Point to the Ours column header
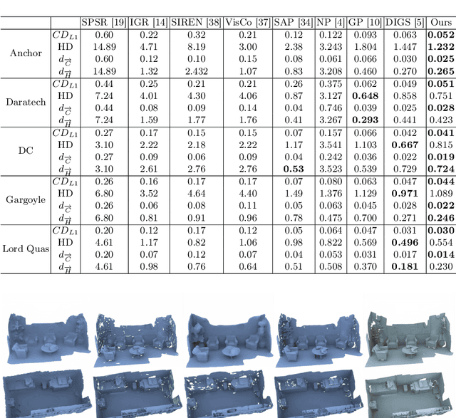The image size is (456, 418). [441, 22]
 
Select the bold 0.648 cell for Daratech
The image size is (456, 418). [365, 95]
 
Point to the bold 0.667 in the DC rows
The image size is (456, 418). [403, 144]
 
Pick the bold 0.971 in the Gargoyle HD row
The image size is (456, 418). [403, 193]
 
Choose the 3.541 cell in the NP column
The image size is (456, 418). [328, 144]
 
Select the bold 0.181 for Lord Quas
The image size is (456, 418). [403, 266]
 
